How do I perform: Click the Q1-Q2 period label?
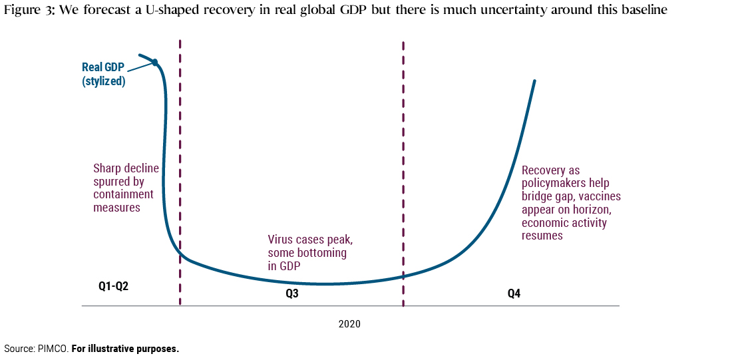112,287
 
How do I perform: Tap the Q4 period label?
514,293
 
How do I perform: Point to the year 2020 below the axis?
349,324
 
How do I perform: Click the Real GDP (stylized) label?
103,75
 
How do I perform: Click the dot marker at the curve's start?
155,62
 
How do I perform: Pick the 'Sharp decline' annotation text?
126,168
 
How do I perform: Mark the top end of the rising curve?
534,81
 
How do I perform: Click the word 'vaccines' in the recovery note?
599,197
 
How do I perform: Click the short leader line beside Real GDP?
140,67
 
